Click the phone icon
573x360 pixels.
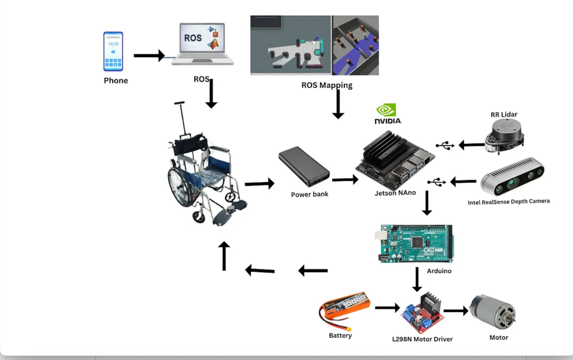pos(113,51)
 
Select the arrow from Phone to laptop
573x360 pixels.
pos(150,56)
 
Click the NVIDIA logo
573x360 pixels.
pos(387,114)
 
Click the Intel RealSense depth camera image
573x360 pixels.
pos(513,177)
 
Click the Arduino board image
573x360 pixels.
pos(415,243)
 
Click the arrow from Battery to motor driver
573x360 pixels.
pos(387,308)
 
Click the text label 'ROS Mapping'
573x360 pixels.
pos(327,85)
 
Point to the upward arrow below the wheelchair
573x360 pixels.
pos(224,256)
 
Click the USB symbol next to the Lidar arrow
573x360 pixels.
pos(445,146)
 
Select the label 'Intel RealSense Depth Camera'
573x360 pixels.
pos(509,202)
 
